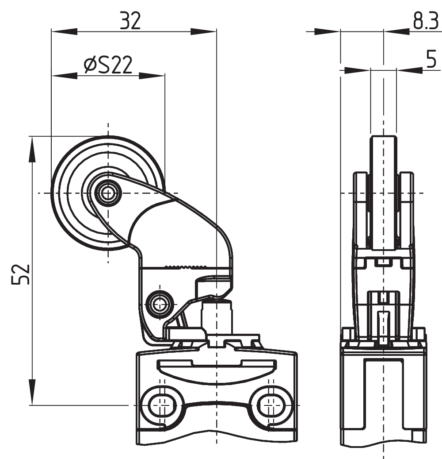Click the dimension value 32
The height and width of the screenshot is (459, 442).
(130, 20)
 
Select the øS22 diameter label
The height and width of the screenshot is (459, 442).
(108, 66)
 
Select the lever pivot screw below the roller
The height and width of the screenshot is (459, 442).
(159, 304)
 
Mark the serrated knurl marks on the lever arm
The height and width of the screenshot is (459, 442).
(186, 267)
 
